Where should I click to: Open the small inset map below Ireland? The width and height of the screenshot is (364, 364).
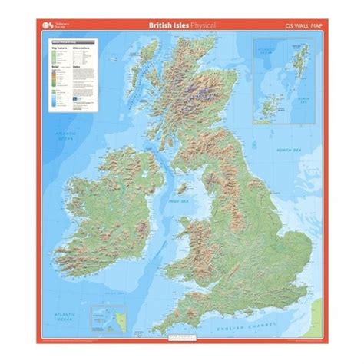tap(104, 315)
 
